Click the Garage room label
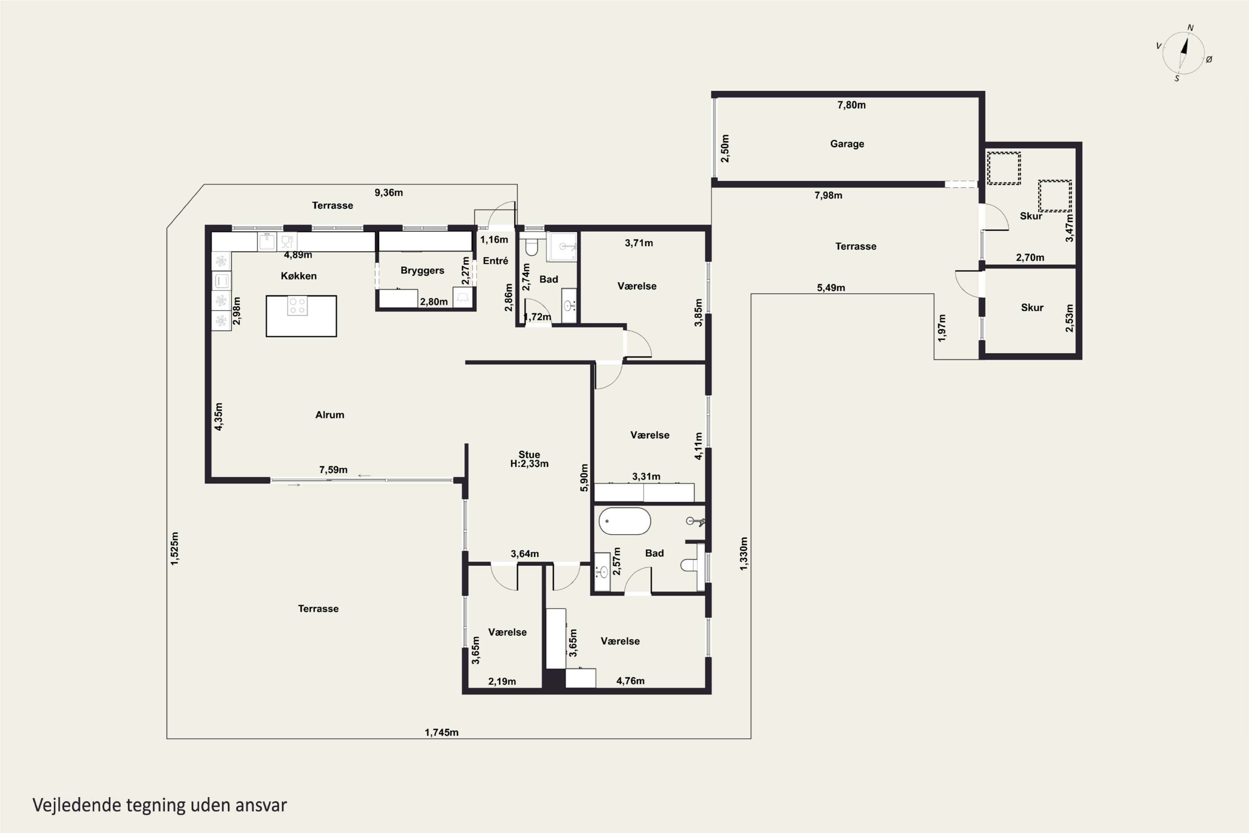(847, 144)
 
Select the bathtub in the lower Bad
(624, 521)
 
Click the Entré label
(495, 261)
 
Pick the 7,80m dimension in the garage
(851, 105)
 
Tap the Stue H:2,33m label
(530, 459)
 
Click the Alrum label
(330, 415)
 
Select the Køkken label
(299, 276)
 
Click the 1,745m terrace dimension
(441, 732)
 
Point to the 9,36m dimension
(389, 192)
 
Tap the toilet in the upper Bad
(532, 246)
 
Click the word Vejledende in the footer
(77, 806)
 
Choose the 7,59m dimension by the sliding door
(333, 470)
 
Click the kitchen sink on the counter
(266, 241)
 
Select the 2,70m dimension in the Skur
(1030, 258)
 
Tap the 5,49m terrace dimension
(831, 288)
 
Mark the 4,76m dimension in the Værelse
(630, 681)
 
